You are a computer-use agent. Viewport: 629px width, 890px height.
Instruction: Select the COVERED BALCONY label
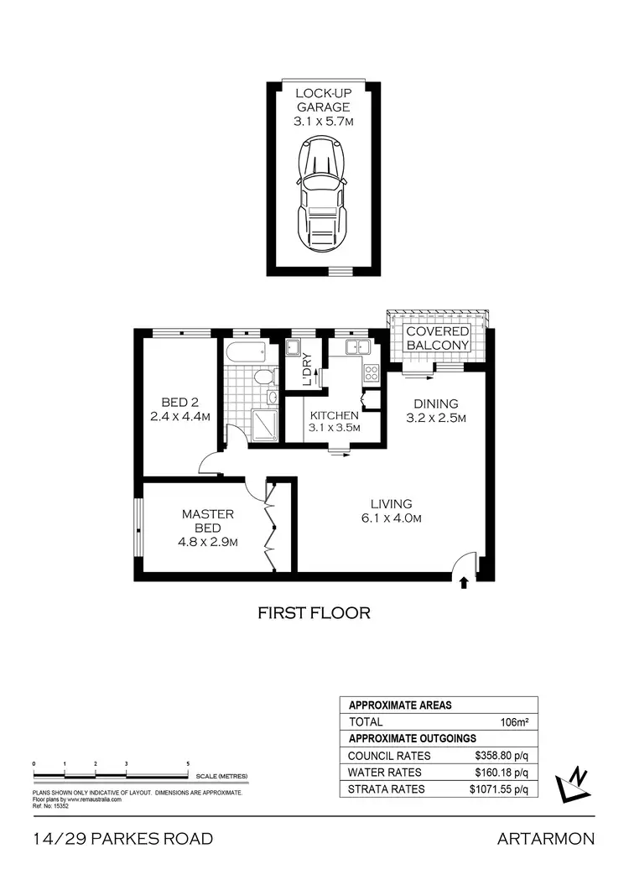pyautogui.click(x=437, y=338)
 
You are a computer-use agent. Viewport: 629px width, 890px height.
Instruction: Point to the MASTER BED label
pyautogui.click(x=208, y=521)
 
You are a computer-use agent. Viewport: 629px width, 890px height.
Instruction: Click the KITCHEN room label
pyautogui.click(x=335, y=415)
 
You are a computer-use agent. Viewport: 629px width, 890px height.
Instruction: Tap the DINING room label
pyautogui.click(x=434, y=403)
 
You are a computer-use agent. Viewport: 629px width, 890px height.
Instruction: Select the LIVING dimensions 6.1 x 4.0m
pyautogui.click(x=392, y=518)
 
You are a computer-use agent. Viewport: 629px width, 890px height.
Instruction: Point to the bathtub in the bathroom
pyautogui.click(x=246, y=353)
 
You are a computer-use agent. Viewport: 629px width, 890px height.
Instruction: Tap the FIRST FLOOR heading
pyautogui.click(x=314, y=613)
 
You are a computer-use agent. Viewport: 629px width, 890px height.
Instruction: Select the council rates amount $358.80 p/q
pyautogui.click(x=501, y=755)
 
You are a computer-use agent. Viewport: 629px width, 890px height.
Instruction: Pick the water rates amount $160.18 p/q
pyautogui.click(x=501, y=772)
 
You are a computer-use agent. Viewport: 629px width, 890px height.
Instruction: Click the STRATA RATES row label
pyautogui.click(x=386, y=789)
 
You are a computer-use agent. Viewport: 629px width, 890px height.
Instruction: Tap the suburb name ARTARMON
pyautogui.click(x=545, y=839)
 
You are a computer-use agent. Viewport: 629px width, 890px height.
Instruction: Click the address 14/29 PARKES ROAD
pyautogui.click(x=123, y=839)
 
